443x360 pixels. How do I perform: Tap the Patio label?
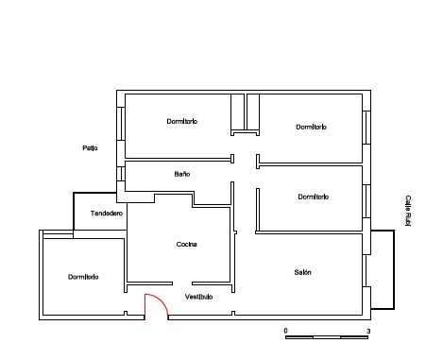point(90,148)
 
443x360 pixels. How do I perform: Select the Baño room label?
point(182,174)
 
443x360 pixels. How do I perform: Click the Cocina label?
point(186,244)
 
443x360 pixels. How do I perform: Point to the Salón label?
point(302,272)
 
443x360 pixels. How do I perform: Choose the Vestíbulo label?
point(198,297)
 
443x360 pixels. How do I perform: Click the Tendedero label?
point(107,214)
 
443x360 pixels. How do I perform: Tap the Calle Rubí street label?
point(408,211)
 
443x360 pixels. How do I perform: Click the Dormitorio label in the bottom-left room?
point(83,277)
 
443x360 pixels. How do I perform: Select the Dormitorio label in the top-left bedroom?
point(182,121)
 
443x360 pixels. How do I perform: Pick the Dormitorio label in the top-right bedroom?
point(311,127)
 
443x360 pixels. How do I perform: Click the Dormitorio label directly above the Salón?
point(314,197)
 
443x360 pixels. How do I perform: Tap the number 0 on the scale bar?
point(285,331)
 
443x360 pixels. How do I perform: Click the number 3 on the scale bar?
point(368,331)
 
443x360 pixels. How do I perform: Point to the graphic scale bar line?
point(327,337)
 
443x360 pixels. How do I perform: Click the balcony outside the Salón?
point(383,269)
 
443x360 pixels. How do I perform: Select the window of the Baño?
point(121,174)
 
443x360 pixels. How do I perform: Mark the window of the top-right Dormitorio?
point(366,128)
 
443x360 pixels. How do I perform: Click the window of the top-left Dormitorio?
point(121,124)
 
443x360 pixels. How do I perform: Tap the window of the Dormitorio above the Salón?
point(366,201)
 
